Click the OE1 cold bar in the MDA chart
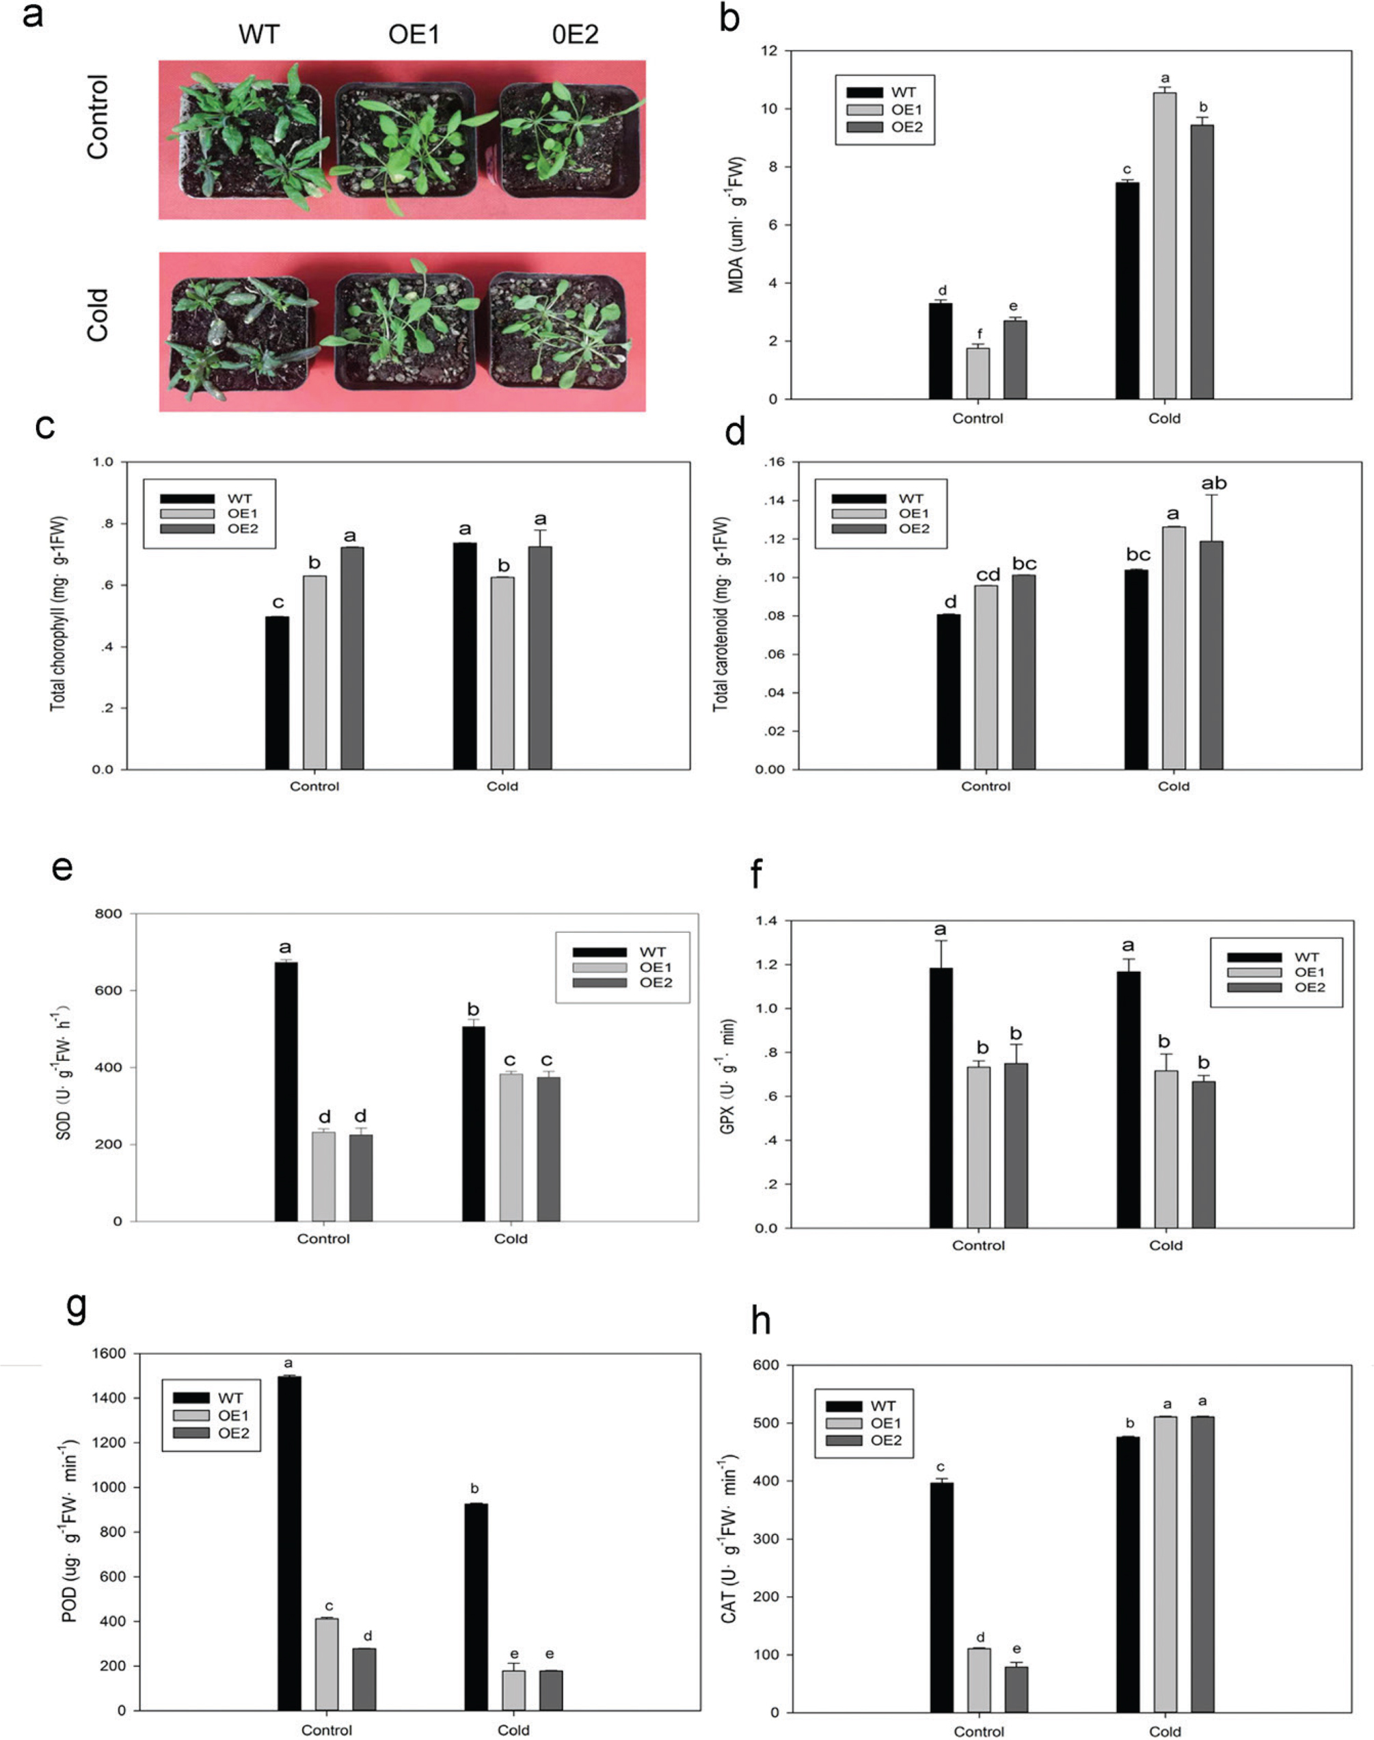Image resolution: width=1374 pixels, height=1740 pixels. click(x=1164, y=246)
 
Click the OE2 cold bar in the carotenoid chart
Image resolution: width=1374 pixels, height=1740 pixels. click(x=1211, y=655)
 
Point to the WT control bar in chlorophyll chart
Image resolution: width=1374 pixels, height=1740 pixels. click(x=277, y=693)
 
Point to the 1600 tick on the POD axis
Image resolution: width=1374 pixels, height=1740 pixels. click(x=111, y=1354)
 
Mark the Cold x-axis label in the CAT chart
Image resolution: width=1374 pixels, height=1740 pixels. click(x=1165, y=1731)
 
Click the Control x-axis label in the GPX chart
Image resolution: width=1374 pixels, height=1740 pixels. click(x=978, y=1245)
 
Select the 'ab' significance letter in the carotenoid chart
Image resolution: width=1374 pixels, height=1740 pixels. click(x=1213, y=484)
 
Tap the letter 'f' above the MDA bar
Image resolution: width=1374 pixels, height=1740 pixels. click(x=979, y=334)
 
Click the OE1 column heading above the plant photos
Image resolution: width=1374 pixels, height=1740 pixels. click(x=414, y=36)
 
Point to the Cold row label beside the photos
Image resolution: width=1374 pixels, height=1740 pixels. click(x=97, y=315)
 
